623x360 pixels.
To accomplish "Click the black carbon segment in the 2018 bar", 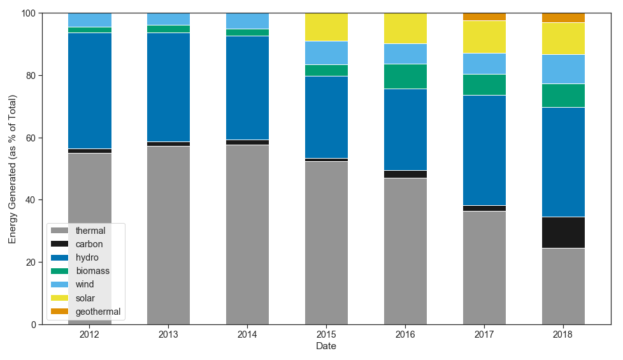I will point(563,233).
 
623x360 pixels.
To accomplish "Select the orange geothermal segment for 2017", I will point(484,17).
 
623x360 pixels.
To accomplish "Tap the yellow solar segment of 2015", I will point(326,27).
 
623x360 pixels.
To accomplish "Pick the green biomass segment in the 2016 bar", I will point(405,76).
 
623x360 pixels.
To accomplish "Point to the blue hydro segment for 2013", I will point(168,87).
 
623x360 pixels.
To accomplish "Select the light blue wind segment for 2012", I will point(90,20).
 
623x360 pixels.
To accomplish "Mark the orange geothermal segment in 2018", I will point(563,18).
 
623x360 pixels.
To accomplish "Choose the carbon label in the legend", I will point(89,244).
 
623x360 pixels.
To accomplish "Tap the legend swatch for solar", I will point(60,298).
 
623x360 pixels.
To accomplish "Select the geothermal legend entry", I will point(97,312).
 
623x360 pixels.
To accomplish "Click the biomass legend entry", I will point(92,271).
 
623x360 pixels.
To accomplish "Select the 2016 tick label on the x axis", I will point(405,335).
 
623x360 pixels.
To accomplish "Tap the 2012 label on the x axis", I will point(90,335).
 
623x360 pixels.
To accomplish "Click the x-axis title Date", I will point(326,347).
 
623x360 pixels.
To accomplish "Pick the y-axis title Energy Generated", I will point(13,169).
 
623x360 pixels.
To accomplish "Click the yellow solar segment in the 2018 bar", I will point(563,39).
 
